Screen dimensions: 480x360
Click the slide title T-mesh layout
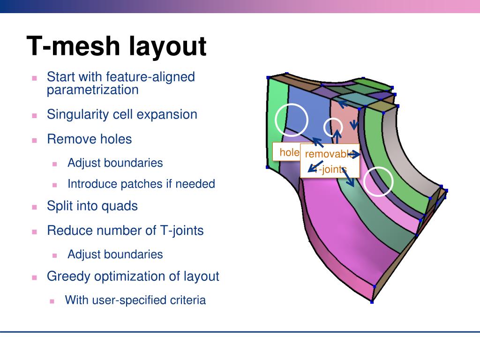(x=116, y=46)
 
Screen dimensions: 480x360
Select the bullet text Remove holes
(x=89, y=139)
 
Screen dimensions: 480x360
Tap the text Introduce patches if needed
(x=141, y=184)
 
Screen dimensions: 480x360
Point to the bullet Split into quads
(x=92, y=206)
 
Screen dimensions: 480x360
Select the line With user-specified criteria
(x=135, y=300)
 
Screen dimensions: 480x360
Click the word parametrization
(x=92, y=90)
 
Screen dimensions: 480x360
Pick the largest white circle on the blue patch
(x=291, y=120)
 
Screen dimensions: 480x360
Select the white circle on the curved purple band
(x=378, y=181)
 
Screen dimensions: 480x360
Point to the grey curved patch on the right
(x=412, y=155)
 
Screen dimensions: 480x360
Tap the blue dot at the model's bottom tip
(x=372, y=302)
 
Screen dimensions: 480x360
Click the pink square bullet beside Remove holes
(x=34, y=140)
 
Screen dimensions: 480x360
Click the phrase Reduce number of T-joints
(x=125, y=231)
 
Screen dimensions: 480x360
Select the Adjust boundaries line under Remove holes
(x=115, y=163)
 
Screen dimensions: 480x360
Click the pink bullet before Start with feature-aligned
(x=34, y=78)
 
